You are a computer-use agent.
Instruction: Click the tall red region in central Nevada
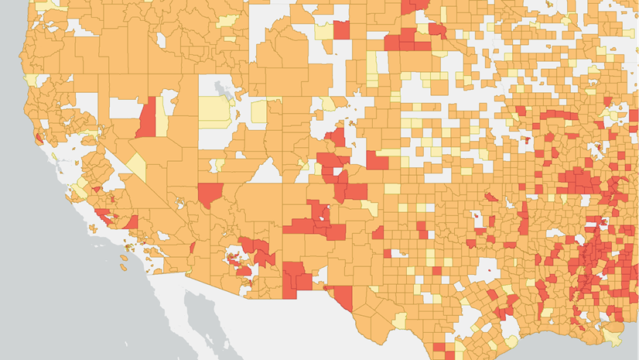tap(148, 118)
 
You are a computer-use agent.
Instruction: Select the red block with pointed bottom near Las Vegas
tap(210, 194)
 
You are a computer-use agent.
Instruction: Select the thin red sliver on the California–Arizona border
tap(192, 248)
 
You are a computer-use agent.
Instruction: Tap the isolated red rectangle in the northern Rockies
tap(340, 29)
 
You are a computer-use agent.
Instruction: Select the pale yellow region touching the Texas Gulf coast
tap(511, 341)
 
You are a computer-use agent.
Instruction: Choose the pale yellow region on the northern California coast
tap(29, 80)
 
